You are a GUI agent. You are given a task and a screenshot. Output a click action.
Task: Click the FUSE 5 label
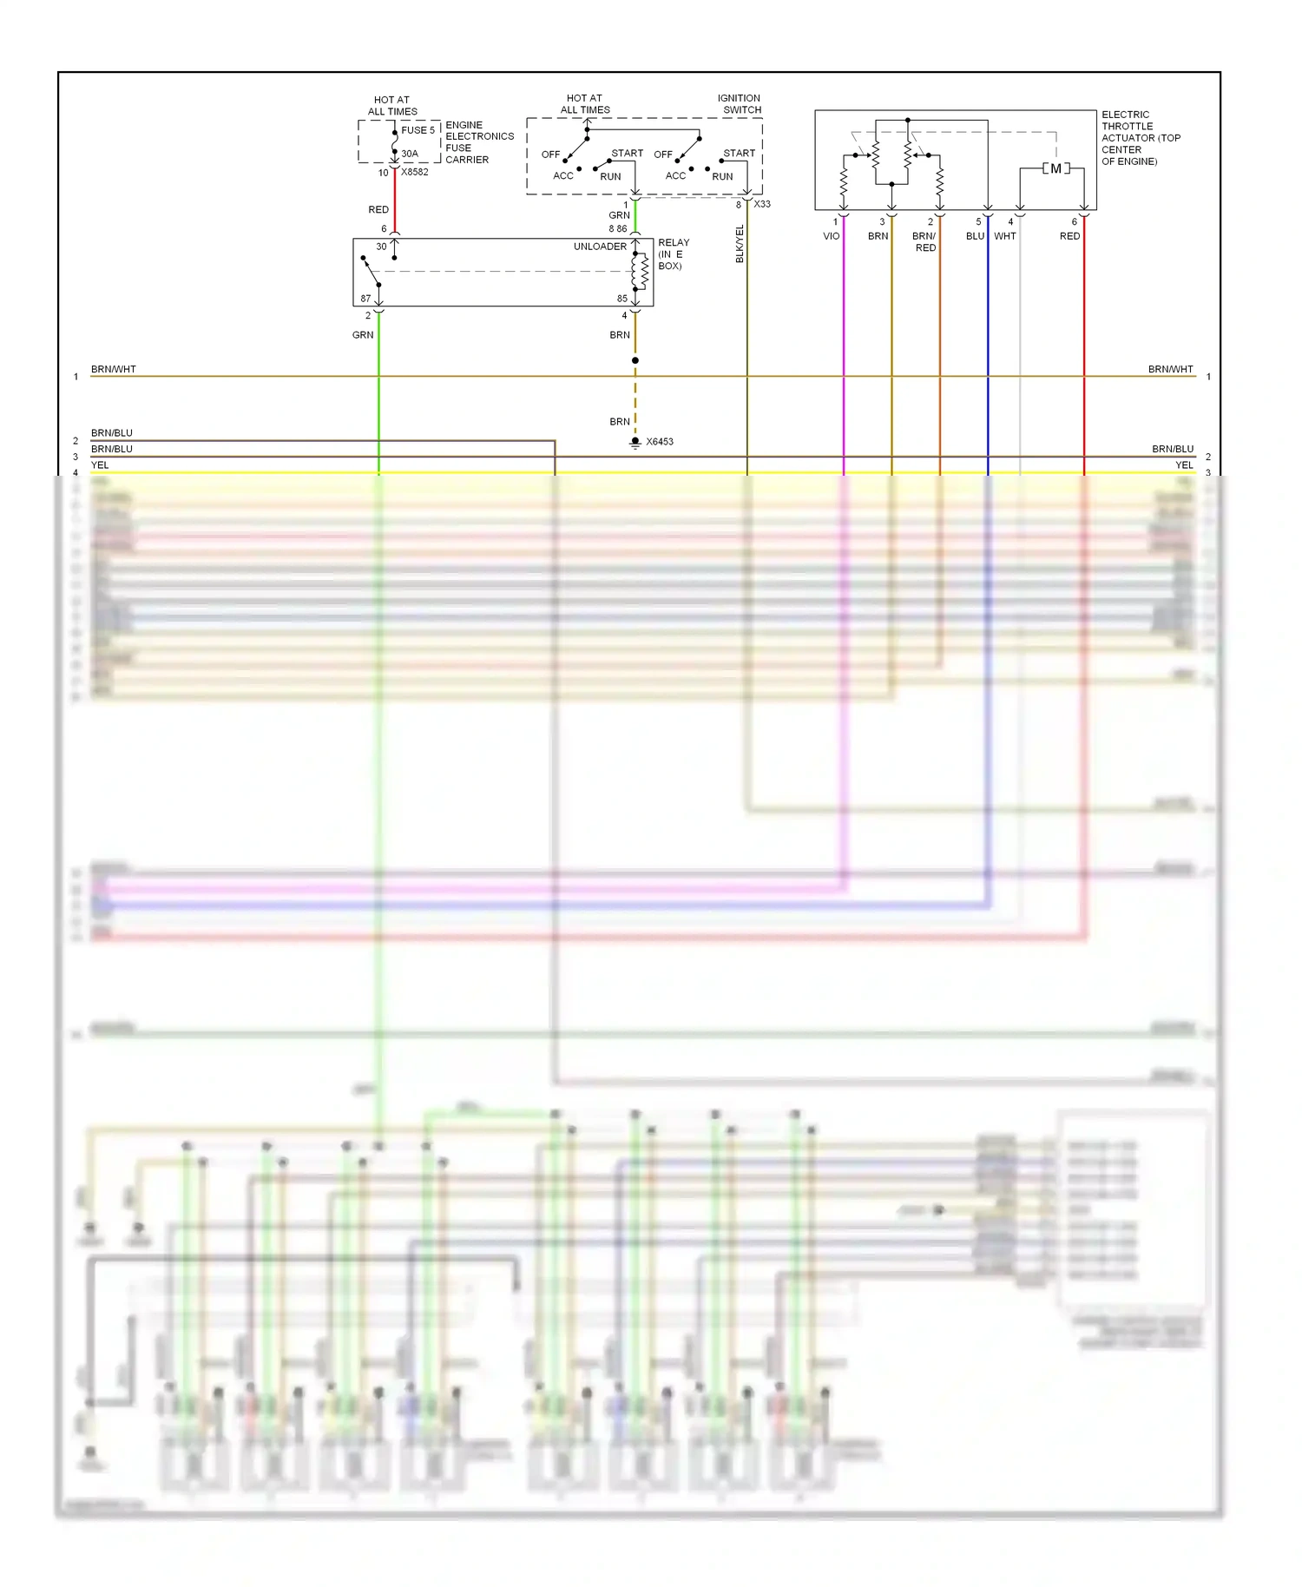[x=418, y=130]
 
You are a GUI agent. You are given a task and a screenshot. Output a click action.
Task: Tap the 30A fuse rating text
[x=410, y=154]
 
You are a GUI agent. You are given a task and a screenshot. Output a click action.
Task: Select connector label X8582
[x=415, y=172]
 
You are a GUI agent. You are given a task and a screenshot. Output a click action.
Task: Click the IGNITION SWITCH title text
[x=740, y=104]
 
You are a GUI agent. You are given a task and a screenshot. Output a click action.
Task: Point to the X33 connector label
[x=762, y=204]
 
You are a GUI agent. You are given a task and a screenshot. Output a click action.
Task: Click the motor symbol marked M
[x=1055, y=168]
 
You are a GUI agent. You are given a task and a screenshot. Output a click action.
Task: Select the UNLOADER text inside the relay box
[x=600, y=247]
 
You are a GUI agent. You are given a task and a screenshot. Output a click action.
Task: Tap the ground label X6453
[x=660, y=442]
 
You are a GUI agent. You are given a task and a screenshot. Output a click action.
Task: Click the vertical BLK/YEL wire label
[x=740, y=244]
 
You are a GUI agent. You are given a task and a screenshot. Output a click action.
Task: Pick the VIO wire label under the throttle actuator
[x=831, y=236]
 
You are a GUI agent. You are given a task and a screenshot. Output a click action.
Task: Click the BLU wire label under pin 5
[x=975, y=236]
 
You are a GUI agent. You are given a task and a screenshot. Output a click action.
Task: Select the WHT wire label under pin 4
[x=1004, y=236]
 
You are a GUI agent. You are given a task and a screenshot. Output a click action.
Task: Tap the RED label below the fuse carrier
[x=378, y=209]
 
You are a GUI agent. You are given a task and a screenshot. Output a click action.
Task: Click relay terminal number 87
[x=365, y=299]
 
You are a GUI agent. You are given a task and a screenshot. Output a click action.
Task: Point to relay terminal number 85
[x=621, y=299]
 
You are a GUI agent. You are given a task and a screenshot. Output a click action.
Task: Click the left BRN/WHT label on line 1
[x=114, y=369]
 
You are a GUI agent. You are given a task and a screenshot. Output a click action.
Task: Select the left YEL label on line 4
[x=100, y=465]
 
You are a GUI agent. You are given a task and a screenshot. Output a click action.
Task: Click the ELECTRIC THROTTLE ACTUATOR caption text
[x=1140, y=137]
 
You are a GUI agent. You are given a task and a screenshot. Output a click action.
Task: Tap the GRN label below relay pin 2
[x=363, y=335]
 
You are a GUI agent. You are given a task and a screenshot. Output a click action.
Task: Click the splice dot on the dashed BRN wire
[x=635, y=360]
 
